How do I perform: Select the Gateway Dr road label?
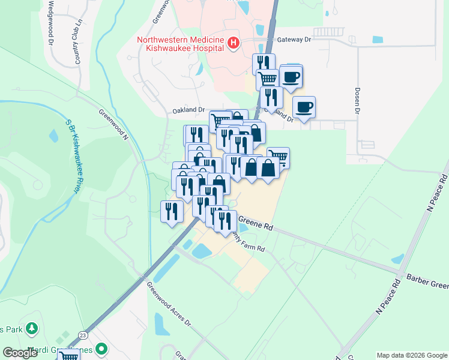294,40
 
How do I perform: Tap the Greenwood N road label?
114,122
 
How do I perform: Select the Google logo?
20,353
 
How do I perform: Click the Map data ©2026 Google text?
411,355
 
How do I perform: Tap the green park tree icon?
31,329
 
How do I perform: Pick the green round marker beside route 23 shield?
102,348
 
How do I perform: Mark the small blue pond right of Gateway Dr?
377,40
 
